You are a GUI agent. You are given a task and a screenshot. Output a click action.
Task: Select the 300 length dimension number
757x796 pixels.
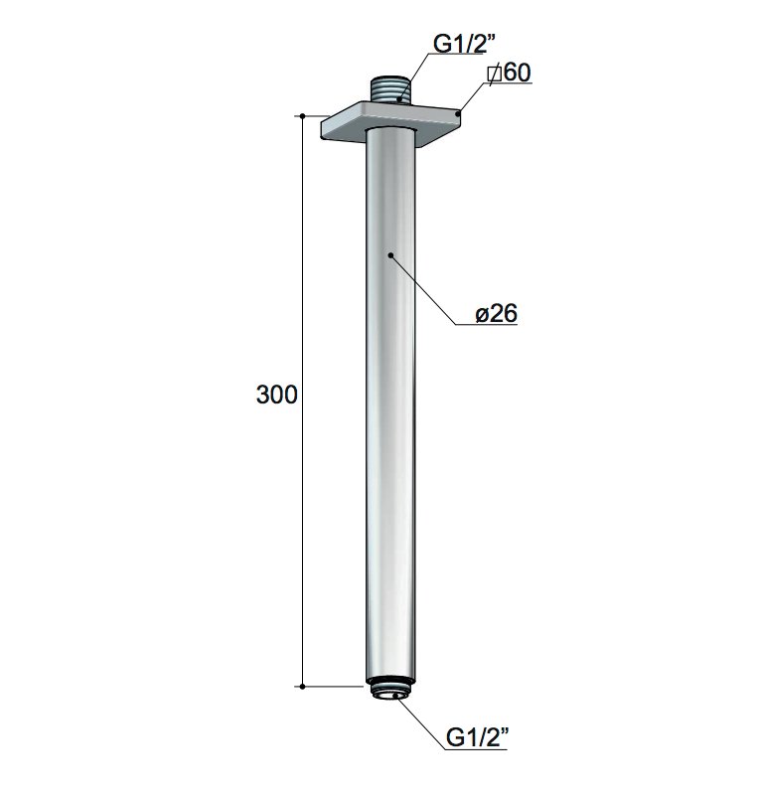point(277,395)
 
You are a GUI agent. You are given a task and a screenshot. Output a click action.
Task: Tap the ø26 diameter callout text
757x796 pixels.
point(496,314)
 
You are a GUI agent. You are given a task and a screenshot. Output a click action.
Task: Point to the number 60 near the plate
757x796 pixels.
point(515,73)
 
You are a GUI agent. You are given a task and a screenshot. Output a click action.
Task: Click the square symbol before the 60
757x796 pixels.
point(494,74)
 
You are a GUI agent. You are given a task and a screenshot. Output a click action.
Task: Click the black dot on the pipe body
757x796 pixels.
point(391,255)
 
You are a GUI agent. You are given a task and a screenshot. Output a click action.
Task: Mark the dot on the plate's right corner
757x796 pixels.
point(457,115)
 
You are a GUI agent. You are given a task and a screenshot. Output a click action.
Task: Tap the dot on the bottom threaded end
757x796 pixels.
point(397,697)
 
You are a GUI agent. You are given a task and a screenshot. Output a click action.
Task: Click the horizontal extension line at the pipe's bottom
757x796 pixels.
point(333,686)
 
